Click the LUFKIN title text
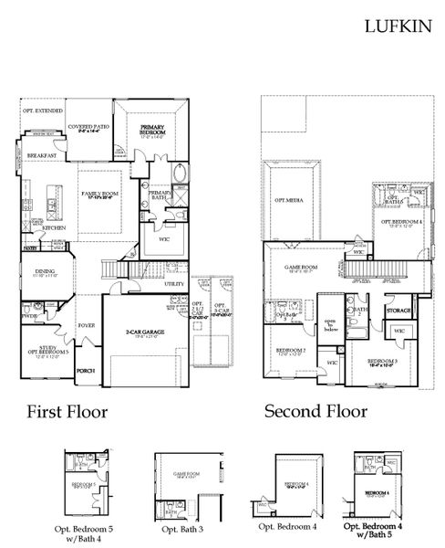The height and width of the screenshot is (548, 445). (x=398, y=26)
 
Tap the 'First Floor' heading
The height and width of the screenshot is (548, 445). (x=67, y=411)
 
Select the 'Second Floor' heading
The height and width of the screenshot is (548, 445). (x=316, y=411)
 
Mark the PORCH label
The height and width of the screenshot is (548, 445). (x=87, y=370)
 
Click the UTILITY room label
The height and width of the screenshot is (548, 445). (x=175, y=284)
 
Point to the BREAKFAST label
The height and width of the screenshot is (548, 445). (x=42, y=156)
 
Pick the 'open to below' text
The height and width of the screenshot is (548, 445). (x=332, y=326)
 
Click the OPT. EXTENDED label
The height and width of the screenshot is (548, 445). (x=42, y=110)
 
